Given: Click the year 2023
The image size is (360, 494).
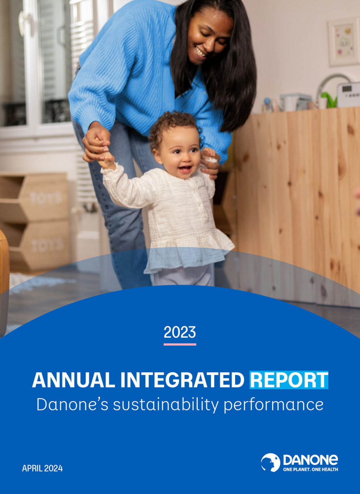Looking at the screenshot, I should [x=180, y=332].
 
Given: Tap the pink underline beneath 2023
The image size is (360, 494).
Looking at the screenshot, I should [x=180, y=344].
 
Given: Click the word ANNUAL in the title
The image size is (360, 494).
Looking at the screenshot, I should [x=73, y=380].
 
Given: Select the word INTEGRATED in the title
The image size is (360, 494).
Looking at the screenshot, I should [x=182, y=380].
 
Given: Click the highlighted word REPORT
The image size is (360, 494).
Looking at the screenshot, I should [x=289, y=380].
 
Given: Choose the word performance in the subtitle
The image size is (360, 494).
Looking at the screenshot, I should [x=274, y=404].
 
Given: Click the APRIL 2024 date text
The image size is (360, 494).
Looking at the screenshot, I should [x=42, y=469].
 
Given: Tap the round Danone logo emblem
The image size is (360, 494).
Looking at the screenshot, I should [x=270, y=462].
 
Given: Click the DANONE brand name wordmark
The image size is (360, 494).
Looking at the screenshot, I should [x=310, y=460].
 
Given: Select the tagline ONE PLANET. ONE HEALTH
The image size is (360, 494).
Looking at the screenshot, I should [x=310, y=469].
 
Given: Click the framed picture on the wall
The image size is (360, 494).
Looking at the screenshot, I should [x=343, y=42].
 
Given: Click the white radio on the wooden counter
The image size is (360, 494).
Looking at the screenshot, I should [x=348, y=94].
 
